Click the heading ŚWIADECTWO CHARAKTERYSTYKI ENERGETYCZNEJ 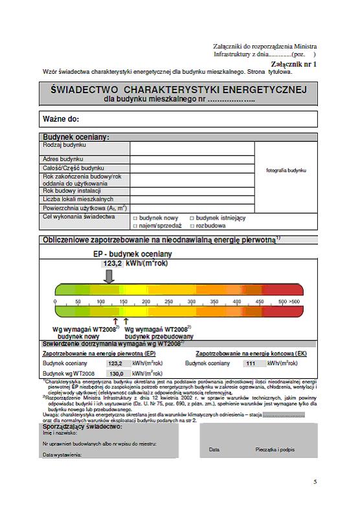(x=179, y=89)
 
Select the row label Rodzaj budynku (x=65, y=146)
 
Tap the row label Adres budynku (x=63, y=159)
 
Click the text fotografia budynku (x=286, y=171)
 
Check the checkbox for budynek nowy (x=135, y=218)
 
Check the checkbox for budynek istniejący (x=192, y=218)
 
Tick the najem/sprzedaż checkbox (x=135, y=226)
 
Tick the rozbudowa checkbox (x=192, y=226)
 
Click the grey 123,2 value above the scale (x=108, y=264)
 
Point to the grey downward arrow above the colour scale (x=109, y=276)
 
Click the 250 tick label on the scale (x=168, y=302)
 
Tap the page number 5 (x=315, y=482)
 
